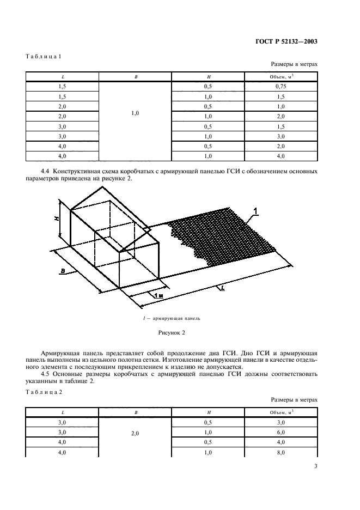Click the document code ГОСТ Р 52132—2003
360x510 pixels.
pyautogui.click(x=286, y=41)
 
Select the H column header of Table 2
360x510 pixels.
pyautogui.click(x=209, y=412)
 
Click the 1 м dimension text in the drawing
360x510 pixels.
pyautogui.click(x=154, y=295)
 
